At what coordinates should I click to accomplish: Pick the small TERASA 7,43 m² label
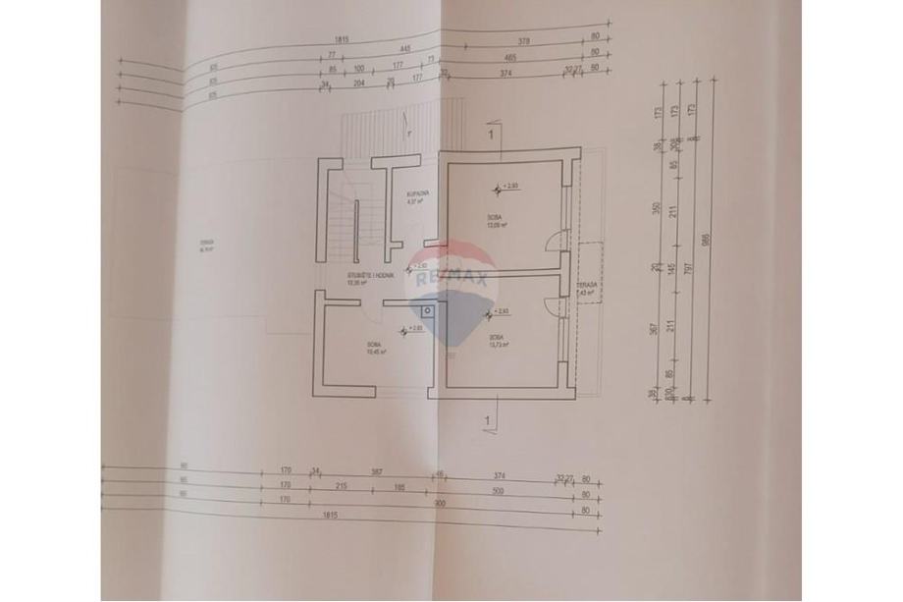[589, 288]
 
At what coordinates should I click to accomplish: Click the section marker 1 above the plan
[489, 131]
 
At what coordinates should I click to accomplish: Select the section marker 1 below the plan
[488, 420]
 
